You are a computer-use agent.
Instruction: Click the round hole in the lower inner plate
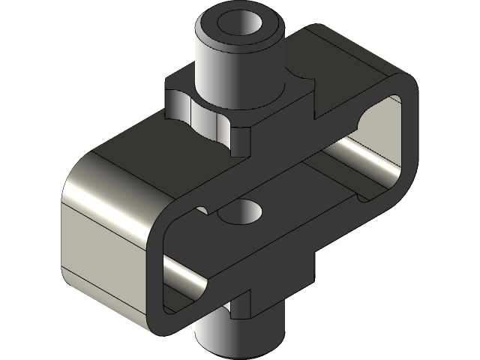click(x=241, y=213)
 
